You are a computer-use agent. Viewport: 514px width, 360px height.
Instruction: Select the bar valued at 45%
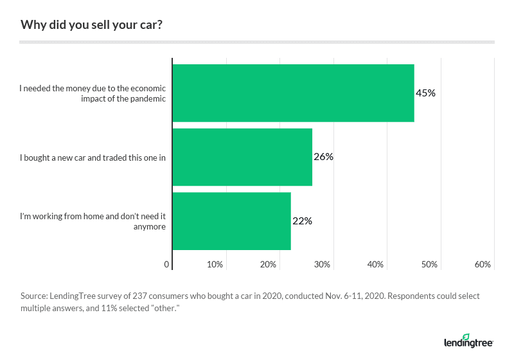click(x=293, y=93)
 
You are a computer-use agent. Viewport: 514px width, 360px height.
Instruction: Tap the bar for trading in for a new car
click(x=242, y=157)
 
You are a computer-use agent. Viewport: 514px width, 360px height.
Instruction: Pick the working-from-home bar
click(x=231, y=221)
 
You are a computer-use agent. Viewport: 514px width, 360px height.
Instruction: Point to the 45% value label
click(x=425, y=93)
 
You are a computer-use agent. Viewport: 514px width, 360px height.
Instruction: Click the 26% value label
click(x=323, y=157)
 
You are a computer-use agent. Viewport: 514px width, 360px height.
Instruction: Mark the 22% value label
click(x=302, y=221)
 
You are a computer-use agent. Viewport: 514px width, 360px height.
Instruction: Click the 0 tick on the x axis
click(x=167, y=265)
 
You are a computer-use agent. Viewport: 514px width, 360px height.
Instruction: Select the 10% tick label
click(x=215, y=265)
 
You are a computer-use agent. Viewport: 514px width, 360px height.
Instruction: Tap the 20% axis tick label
click(x=268, y=265)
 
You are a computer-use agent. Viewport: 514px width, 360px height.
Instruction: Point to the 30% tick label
click(x=322, y=265)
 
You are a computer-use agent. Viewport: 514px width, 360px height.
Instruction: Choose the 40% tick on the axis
click(x=375, y=265)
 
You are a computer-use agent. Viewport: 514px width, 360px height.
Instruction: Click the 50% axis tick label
click(x=429, y=265)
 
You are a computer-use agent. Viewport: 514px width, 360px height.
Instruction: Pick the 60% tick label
click(x=483, y=265)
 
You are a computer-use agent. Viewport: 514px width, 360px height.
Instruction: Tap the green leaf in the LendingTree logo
click(x=466, y=336)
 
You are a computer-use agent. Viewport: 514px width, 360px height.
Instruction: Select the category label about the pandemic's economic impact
click(x=93, y=94)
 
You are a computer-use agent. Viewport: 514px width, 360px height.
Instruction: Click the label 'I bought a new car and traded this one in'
click(x=93, y=157)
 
